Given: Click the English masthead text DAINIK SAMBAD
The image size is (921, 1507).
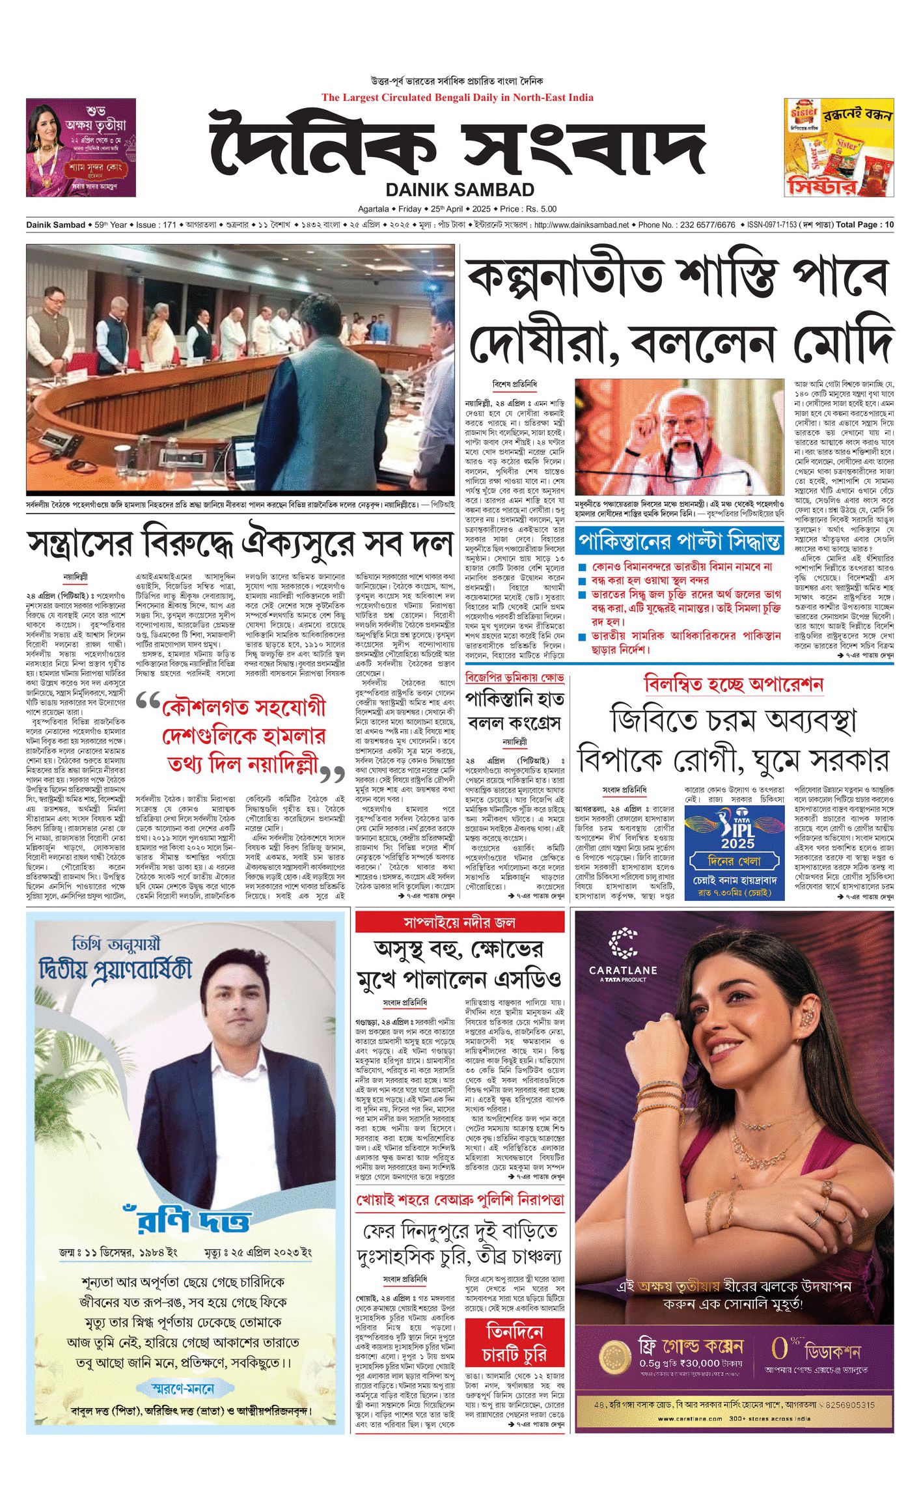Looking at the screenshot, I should [x=460, y=190].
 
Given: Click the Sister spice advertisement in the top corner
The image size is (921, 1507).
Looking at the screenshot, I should [x=838, y=147].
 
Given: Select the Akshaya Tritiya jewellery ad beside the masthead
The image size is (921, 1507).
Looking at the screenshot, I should [x=81, y=147].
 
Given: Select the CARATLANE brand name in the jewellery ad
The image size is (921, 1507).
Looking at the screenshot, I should [x=622, y=970].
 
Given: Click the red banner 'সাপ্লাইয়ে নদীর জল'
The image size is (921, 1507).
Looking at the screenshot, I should [x=460, y=922].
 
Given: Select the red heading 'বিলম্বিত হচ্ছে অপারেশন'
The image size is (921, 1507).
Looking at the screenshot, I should [x=734, y=684].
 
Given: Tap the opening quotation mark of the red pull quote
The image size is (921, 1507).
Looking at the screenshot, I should [x=149, y=702].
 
